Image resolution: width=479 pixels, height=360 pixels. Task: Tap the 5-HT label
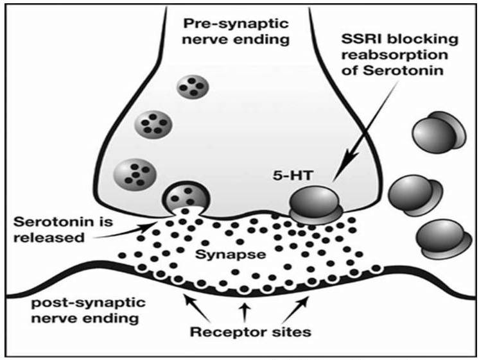click(293, 176)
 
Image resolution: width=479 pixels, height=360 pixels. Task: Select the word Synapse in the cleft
click(231, 254)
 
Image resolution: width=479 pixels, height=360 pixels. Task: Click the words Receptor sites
click(250, 332)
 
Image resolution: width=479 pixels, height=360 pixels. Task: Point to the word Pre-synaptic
click(236, 24)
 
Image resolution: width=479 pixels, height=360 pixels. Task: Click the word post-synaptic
click(89, 303)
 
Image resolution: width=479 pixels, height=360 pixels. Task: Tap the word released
click(49, 237)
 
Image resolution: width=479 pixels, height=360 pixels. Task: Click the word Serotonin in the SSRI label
click(403, 71)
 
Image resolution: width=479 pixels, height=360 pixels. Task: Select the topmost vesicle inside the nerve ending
click(193, 87)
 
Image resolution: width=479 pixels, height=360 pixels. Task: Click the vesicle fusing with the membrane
click(186, 197)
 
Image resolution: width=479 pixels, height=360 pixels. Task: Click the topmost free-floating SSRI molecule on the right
click(439, 132)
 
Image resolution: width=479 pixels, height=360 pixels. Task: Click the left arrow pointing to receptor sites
click(197, 308)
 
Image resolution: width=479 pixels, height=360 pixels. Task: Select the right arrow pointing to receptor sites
click(295, 309)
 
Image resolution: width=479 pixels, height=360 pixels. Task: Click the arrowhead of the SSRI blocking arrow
click(351, 157)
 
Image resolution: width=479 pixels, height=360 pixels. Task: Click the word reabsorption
click(394, 55)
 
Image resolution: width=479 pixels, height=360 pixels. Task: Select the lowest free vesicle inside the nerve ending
click(135, 175)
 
